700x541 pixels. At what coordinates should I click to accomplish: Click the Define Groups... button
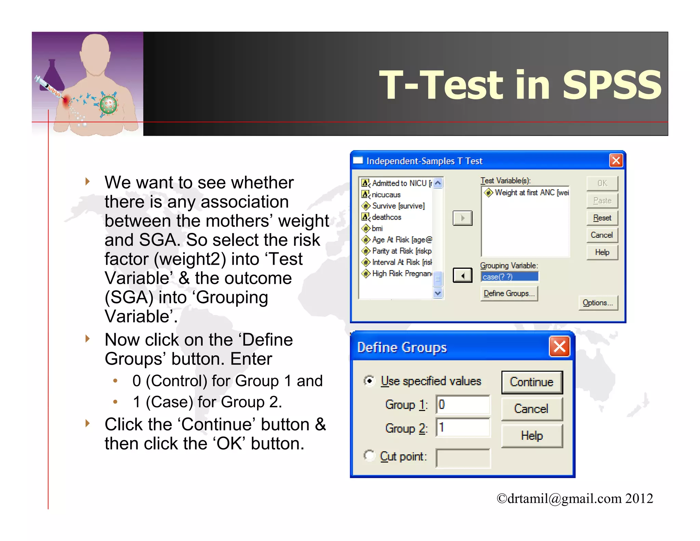tap(509, 293)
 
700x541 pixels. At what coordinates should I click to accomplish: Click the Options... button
tap(598, 303)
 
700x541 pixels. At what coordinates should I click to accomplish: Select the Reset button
tap(602, 218)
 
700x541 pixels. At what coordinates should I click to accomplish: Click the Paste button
tap(602, 201)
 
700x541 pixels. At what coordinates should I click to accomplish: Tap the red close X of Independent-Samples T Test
tap(616, 160)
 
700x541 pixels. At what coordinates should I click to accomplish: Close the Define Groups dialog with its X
tap(559, 346)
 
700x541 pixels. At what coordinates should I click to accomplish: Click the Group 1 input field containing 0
tap(463, 405)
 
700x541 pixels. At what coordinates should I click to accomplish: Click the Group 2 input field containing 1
tap(463, 427)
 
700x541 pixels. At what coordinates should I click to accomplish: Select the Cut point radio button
tap(369, 456)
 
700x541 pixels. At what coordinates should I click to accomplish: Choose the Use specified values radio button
tap(369, 381)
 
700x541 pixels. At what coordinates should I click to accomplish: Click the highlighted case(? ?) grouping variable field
tap(509, 277)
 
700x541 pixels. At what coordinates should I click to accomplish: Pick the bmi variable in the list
tap(377, 228)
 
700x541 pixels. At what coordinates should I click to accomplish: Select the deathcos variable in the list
tap(386, 217)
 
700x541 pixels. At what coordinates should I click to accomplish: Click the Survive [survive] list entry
tap(398, 206)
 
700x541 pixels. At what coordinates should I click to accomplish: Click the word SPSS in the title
tap(612, 85)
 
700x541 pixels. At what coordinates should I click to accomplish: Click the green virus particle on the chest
tap(109, 105)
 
